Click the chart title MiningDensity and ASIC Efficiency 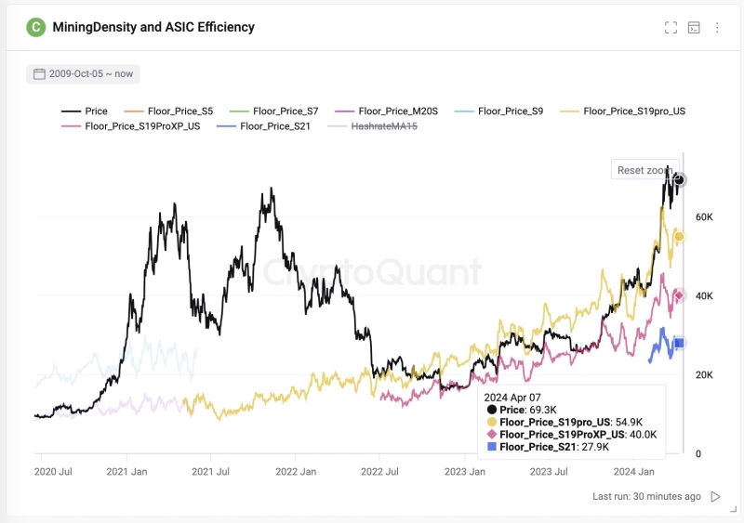(x=153, y=27)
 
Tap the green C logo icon (x=35, y=27)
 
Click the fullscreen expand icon (x=671, y=28)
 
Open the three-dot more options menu (x=717, y=28)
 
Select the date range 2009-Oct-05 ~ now (x=83, y=73)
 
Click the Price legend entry (x=85, y=111)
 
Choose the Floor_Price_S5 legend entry (x=169, y=111)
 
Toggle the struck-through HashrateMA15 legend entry (x=369, y=125)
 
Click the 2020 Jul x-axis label (x=54, y=472)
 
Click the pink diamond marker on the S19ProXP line (x=679, y=295)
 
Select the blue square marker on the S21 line (x=679, y=344)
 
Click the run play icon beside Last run (x=715, y=497)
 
